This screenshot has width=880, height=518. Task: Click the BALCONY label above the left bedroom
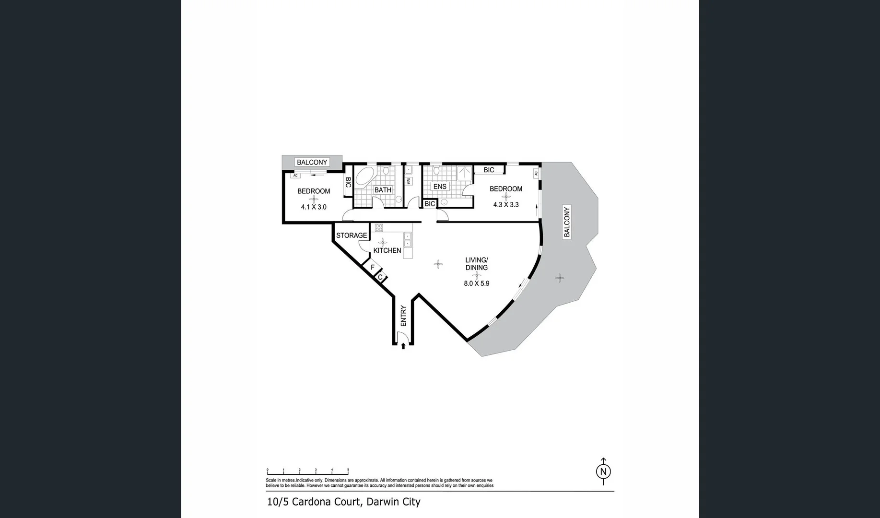(312, 162)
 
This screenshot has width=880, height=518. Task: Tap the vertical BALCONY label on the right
(567, 222)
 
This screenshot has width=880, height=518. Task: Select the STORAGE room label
(352, 235)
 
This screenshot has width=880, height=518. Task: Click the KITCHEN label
(387, 250)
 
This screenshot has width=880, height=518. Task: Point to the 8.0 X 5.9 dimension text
(476, 283)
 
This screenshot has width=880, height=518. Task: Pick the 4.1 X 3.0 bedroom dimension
(314, 207)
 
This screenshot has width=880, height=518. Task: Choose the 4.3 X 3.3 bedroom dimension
(506, 205)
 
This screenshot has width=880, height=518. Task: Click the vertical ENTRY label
(403, 316)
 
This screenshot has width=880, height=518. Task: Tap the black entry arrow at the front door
(403, 345)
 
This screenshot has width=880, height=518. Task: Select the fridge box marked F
(372, 267)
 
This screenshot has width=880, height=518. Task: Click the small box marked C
(380, 277)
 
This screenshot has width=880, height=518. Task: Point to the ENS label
(440, 187)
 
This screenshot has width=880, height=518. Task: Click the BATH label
(383, 190)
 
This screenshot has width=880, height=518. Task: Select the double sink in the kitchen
(408, 239)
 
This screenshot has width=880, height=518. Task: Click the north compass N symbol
(603, 471)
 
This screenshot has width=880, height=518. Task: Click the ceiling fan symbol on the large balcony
(560, 278)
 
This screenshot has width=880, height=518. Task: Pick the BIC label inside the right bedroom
(489, 170)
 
